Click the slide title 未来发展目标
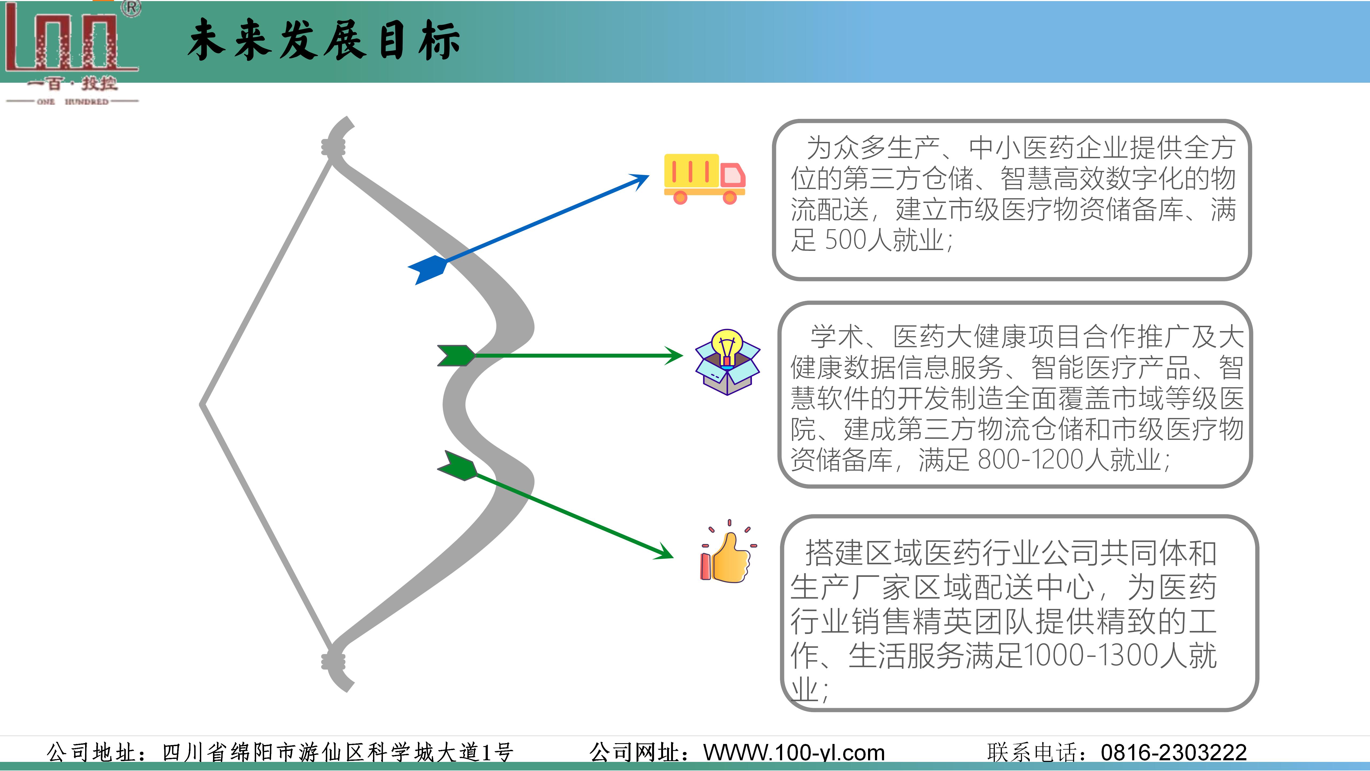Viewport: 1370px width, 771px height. (x=323, y=40)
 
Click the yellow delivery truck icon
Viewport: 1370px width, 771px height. (x=705, y=179)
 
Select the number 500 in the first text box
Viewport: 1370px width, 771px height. (x=846, y=240)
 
